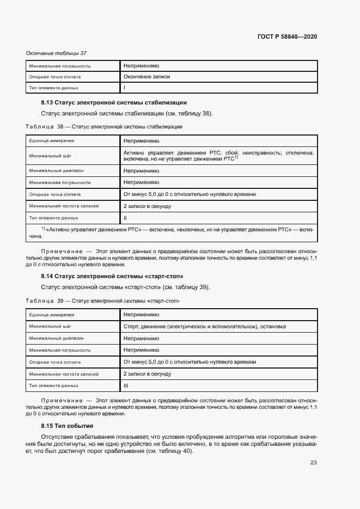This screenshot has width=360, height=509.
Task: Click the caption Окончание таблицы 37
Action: click(x=56, y=53)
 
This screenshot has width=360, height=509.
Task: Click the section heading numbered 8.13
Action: click(x=114, y=102)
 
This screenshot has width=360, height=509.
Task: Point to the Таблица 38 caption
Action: click(x=103, y=126)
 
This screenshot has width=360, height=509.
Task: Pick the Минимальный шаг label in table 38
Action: click(x=50, y=155)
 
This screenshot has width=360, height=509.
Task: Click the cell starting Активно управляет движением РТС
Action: click(x=218, y=155)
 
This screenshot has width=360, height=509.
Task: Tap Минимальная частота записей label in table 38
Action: click(x=64, y=206)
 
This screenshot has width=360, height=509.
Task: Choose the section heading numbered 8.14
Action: click(x=112, y=276)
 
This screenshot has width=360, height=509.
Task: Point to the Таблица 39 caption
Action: click(x=102, y=301)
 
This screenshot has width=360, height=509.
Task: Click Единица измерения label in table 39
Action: click(x=52, y=315)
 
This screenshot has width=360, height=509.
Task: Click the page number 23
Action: click(x=313, y=463)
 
